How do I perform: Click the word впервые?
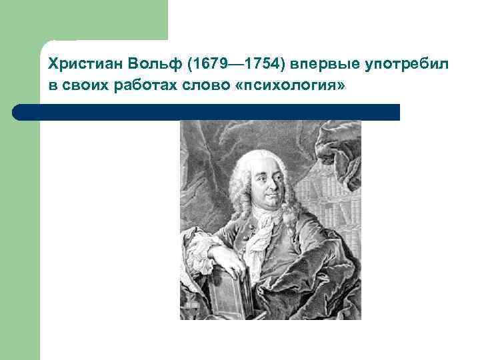point(319,65)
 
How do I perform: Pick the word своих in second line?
point(79,86)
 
